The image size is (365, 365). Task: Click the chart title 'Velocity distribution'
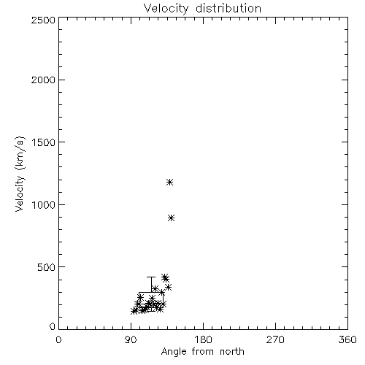202,9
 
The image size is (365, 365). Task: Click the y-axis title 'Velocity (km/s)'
20,174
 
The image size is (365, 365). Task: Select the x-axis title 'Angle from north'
202,352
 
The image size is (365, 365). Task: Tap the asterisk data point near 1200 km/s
169,182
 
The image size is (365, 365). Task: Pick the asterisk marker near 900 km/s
172,218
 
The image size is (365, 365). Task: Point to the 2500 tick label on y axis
43,20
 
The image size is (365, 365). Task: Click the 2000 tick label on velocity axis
43,80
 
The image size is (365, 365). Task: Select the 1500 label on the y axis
44,142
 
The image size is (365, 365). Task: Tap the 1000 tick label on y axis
44,205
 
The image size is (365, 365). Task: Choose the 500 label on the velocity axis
47,267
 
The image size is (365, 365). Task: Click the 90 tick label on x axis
131,339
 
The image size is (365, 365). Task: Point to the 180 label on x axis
203,339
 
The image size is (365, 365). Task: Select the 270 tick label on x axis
275,339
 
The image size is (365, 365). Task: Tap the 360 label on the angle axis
347,339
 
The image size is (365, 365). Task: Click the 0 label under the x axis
58,339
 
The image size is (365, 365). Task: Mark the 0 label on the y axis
53,326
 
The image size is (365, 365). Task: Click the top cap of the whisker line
151,277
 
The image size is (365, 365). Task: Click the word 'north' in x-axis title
232,352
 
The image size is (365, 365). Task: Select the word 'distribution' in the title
228,9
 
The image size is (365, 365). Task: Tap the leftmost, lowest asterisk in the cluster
134,311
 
